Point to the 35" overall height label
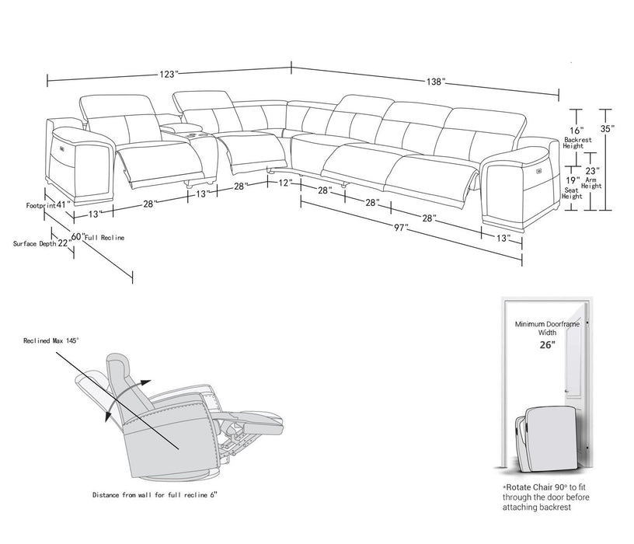[606, 128]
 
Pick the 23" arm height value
[593, 171]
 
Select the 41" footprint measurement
[62, 205]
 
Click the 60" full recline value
[78, 236]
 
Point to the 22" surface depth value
[64, 243]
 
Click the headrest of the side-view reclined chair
[118, 364]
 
